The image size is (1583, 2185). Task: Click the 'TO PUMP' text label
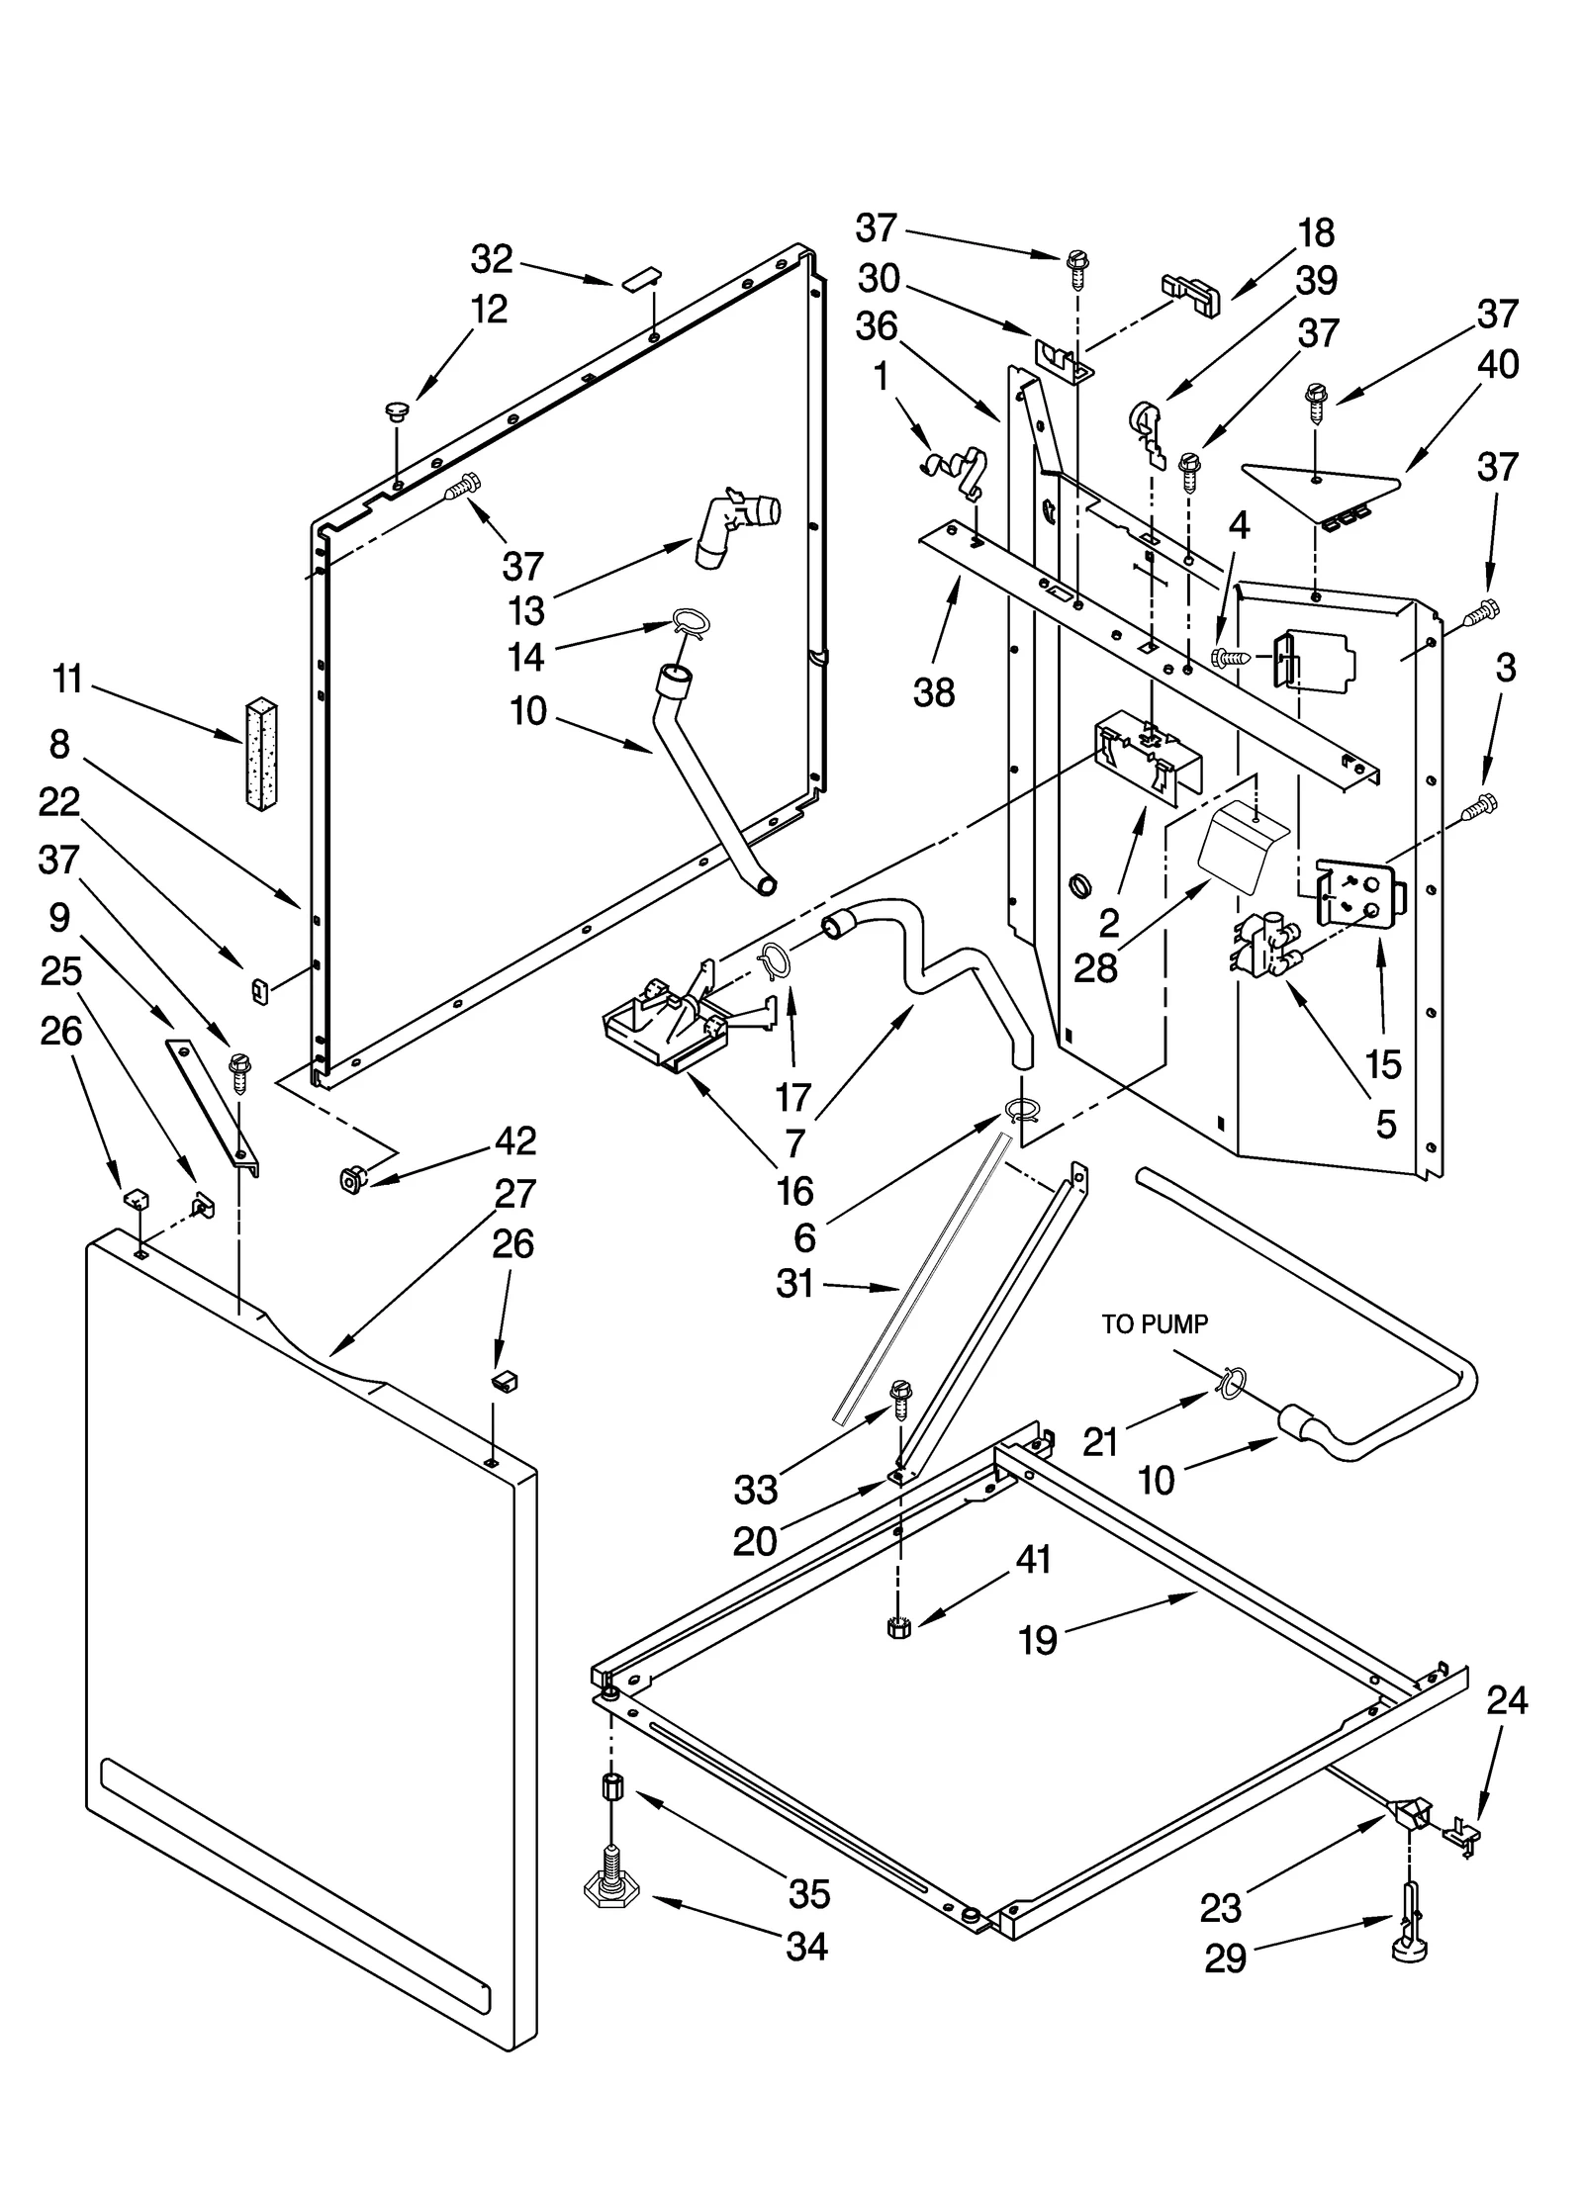point(1155,1324)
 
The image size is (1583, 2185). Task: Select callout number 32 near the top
point(492,259)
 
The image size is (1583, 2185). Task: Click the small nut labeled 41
point(897,1626)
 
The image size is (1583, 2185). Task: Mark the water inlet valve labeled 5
point(1260,948)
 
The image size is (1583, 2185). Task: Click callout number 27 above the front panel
point(514,1194)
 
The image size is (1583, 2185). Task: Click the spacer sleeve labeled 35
point(612,1789)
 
